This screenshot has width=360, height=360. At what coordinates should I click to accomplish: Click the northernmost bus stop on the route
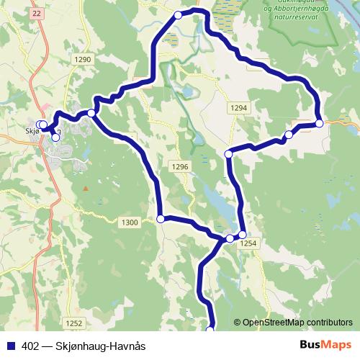point(179,14)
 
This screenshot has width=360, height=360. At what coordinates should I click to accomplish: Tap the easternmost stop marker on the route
point(319,123)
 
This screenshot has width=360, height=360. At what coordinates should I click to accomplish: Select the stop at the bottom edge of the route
point(210,330)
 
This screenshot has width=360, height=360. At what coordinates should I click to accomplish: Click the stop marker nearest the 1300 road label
point(161,219)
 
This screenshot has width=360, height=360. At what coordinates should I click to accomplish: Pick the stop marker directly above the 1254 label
point(242,235)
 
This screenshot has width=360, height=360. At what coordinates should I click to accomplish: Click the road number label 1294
point(240,107)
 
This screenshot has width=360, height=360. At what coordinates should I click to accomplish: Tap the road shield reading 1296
point(180,167)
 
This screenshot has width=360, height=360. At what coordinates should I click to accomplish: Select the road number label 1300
point(130,222)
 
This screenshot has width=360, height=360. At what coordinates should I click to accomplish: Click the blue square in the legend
point(10,346)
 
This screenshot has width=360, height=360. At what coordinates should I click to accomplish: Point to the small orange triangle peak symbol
point(86,189)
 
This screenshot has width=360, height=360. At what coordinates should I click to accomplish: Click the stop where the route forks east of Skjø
point(91,113)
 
